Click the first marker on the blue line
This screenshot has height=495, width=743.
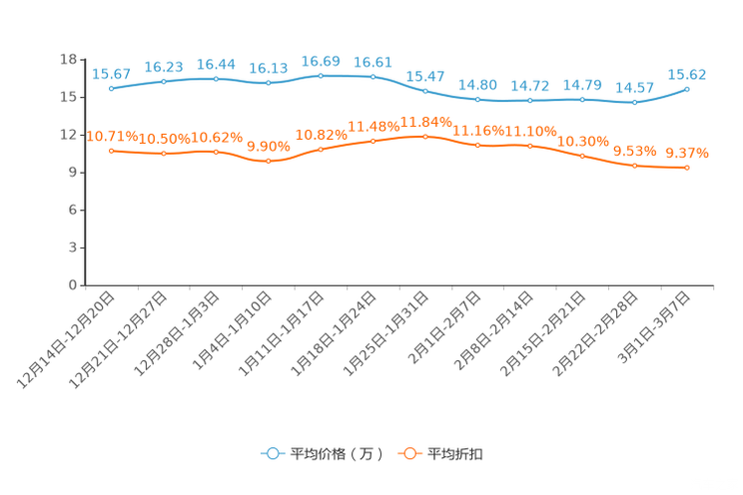tap(111, 88)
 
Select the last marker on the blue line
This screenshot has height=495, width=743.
tap(687, 89)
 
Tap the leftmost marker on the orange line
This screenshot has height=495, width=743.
tap(111, 151)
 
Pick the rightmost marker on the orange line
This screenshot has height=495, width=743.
tap(687, 168)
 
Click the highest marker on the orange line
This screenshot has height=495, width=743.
tap(425, 136)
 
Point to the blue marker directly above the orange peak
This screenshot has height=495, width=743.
tap(425, 91)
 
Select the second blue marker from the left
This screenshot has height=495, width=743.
tap(163, 81)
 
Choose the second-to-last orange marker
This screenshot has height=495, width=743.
tap(634, 165)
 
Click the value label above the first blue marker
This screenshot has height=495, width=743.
tap(111, 73)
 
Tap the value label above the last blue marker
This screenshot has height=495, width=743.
tap(687, 74)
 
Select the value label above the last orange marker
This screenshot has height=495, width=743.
tap(687, 154)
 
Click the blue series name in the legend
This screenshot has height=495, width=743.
tap(337, 454)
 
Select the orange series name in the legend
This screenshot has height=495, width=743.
tap(456, 454)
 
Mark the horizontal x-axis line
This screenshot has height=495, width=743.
tap(399, 285)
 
